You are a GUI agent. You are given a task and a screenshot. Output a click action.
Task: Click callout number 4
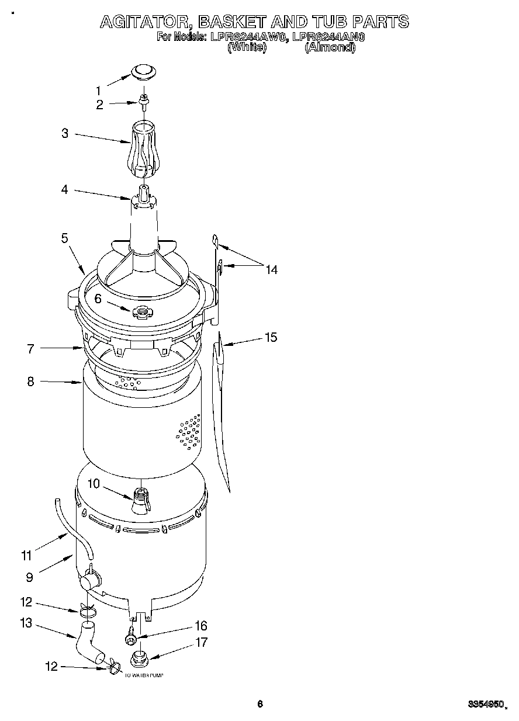tap(64, 190)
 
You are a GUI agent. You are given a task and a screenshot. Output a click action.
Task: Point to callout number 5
tap(64, 238)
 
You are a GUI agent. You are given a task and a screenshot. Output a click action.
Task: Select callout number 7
tap(30, 349)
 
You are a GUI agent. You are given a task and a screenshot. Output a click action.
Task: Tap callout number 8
tap(30, 382)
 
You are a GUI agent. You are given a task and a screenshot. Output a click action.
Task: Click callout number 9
tap(29, 577)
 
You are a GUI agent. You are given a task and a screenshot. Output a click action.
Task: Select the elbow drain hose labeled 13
tap(88, 643)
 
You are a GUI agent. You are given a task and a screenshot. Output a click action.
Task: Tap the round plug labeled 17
tap(139, 658)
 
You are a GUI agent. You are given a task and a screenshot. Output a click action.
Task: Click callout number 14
tap(271, 269)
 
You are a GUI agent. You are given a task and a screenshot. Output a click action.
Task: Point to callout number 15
tap(271, 337)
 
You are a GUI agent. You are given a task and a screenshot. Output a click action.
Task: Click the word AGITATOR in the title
tap(143, 22)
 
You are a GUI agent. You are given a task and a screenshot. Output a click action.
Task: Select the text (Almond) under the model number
tap(330, 47)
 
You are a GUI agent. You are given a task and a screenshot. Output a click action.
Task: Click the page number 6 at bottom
tap(260, 704)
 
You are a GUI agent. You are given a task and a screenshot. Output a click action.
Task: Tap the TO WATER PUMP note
tap(144, 675)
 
